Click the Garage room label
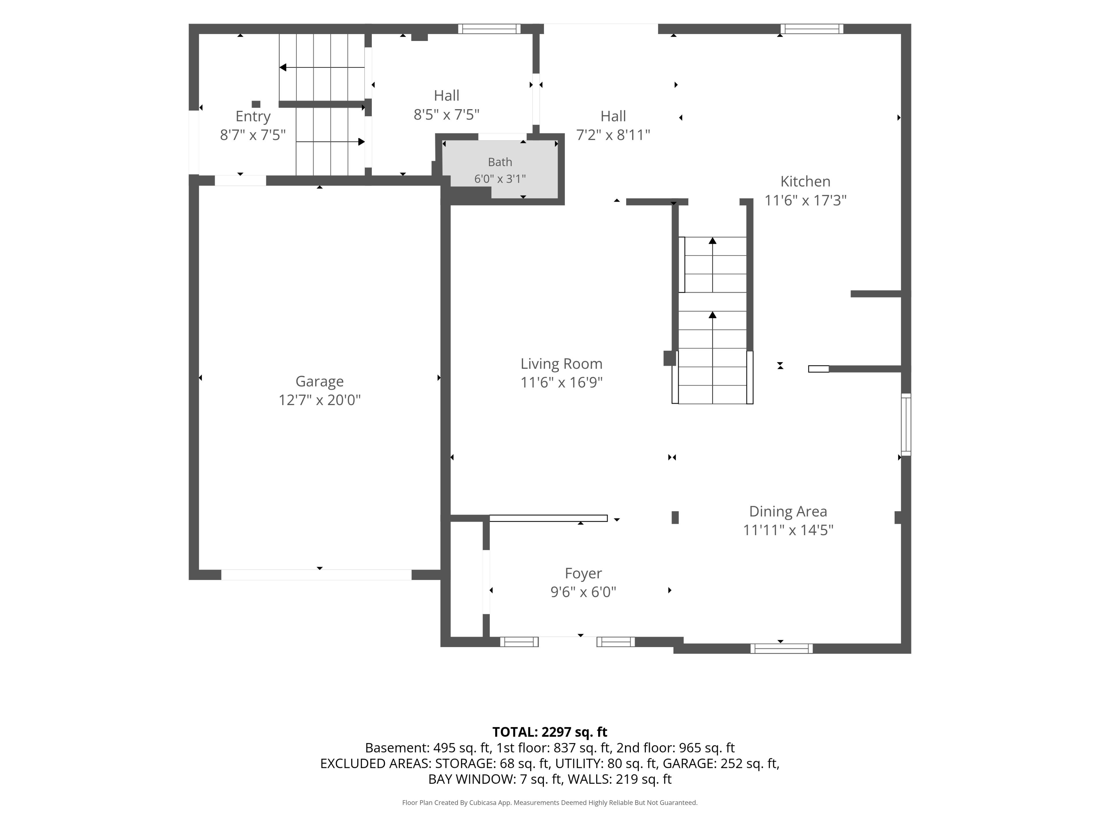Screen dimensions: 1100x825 pyautogui.click(x=319, y=382)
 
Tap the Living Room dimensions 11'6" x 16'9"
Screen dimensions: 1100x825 pyautogui.click(x=561, y=382)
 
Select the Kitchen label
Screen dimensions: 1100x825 pyautogui.click(x=805, y=182)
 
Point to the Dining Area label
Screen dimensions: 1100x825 pyautogui.click(x=788, y=511)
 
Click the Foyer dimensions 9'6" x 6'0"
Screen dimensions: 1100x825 pyautogui.click(x=583, y=592)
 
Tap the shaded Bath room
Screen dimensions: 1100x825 pyautogui.click(x=500, y=169)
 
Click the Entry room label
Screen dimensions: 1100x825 pyautogui.click(x=253, y=116)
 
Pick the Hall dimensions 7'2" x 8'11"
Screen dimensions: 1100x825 pyautogui.click(x=613, y=135)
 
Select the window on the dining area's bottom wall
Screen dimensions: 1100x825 pyautogui.click(x=782, y=649)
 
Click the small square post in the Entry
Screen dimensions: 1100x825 pyautogui.click(x=256, y=104)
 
